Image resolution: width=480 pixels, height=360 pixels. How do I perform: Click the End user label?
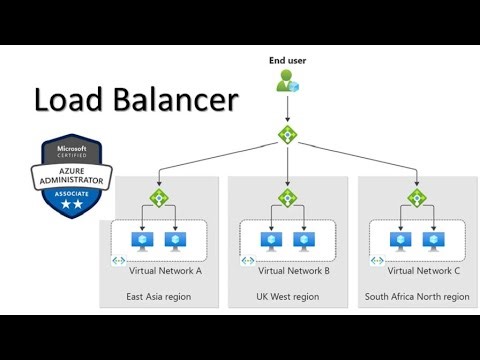[x=287, y=61]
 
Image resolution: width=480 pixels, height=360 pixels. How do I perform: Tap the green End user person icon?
[x=287, y=85]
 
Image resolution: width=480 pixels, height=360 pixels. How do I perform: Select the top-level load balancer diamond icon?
[x=287, y=132]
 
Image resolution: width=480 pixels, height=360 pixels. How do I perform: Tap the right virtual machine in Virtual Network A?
[x=174, y=240]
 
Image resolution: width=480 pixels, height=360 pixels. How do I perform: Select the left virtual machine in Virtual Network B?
[x=270, y=240]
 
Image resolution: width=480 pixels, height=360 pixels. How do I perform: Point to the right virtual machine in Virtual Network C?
[x=433, y=240]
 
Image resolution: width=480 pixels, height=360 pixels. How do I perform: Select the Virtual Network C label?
[x=423, y=271]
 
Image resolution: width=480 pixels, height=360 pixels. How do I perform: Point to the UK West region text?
[x=287, y=297]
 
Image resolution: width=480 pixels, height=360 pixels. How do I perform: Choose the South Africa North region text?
[x=416, y=297]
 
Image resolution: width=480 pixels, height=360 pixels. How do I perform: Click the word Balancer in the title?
[x=185, y=101]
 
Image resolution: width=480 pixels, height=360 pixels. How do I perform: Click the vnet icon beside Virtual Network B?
[x=246, y=263]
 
